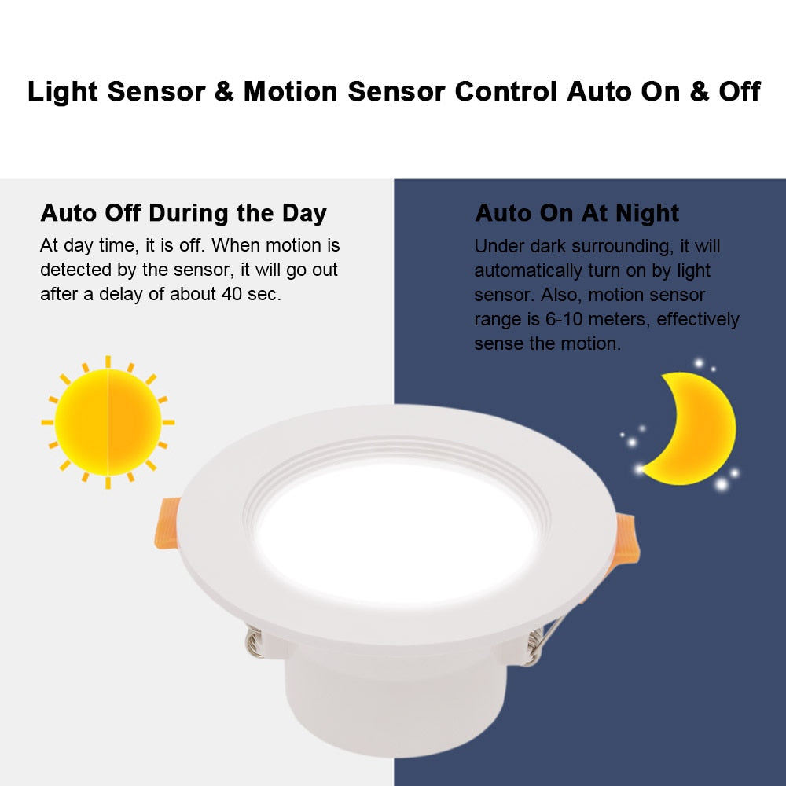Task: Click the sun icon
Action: (108, 422)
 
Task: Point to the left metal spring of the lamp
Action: (254, 641)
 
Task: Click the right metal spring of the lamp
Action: (535, 645)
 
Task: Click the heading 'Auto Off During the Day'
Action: (183, 213)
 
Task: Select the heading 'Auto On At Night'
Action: (577, 213)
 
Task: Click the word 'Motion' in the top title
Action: (292, 91)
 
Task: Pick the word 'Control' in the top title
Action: (505, 91)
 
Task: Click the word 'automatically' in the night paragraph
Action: (524, 270)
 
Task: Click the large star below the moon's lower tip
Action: (721, 484)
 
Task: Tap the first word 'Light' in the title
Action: (63, 91)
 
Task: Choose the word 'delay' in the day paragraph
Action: (116, 295)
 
